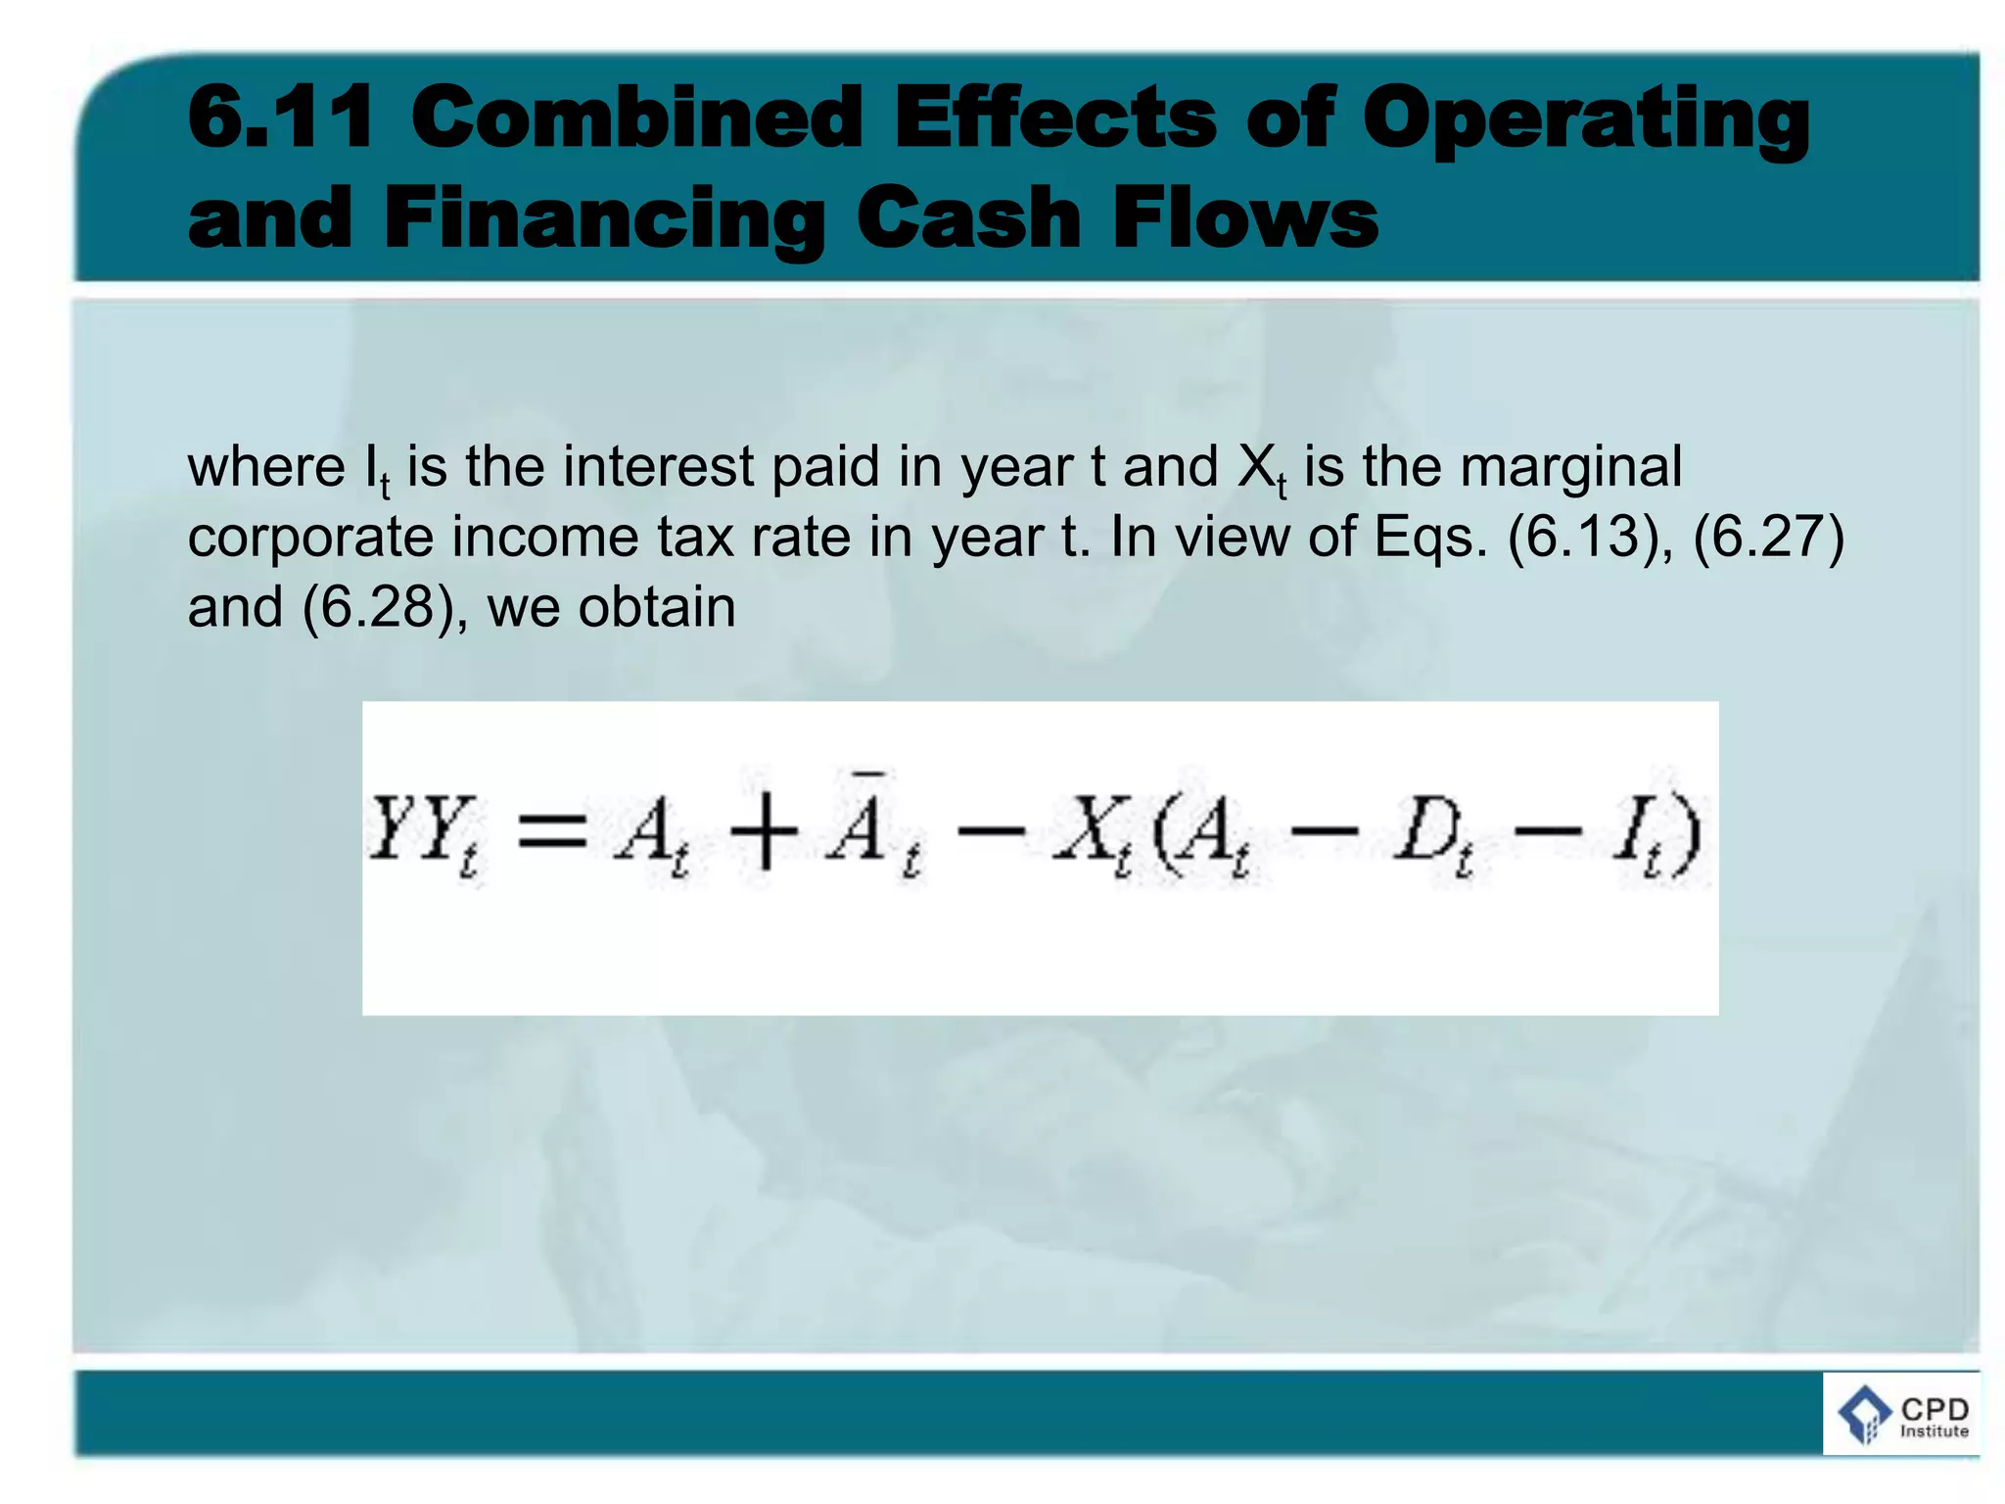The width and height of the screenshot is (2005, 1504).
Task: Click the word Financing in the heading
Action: (604, 220)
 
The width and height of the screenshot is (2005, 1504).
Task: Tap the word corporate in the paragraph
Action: (309, 539)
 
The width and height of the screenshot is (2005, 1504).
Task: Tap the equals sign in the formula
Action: (552, 835)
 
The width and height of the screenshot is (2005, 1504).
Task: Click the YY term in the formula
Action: (423, 832)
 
